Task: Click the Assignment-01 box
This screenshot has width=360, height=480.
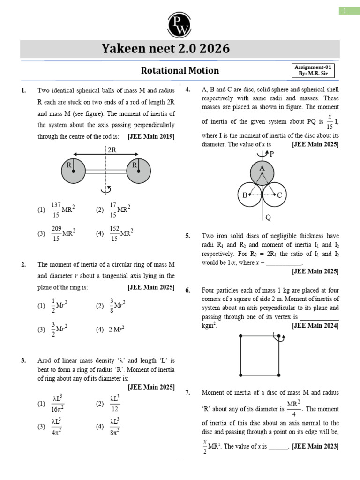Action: pyautogui.click(x=314, y=70)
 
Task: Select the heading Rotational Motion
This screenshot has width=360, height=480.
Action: pyautogui.click(x=180, y=71)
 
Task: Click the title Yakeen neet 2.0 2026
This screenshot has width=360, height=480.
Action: pyautogui.click(x=180, y=49)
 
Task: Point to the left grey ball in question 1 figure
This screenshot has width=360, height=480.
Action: pyautogui.click(x=73, y=172)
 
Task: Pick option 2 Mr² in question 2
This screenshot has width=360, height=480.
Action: pyautogui.click(x=116, y=330)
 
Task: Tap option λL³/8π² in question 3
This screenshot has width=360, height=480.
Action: pyautogui.click(x=116, y=427)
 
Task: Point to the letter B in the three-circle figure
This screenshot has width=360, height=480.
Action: pyautogui.click(x=244, y=195)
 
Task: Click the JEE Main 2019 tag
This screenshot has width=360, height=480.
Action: pyautogui.click(x=151, y=136)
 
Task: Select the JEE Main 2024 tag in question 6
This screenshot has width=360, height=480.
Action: pyautogui.click(x=315, y=325)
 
